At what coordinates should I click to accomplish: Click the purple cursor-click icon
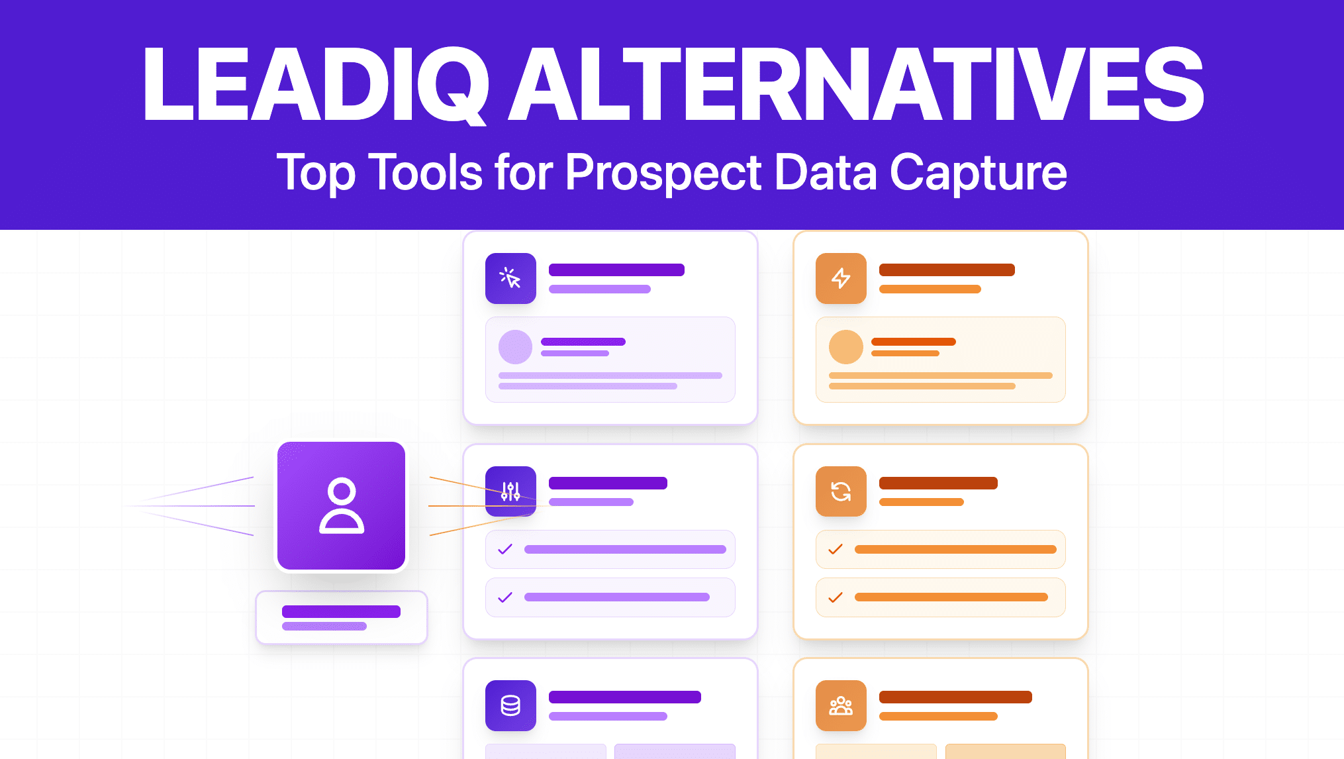tap(510, 278)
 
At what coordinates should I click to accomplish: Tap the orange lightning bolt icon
tap(841, 278)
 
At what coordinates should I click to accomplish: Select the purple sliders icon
tap(510, 491)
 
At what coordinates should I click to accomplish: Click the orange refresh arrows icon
tap(841, 491)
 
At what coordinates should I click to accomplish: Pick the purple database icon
tap(510, 705)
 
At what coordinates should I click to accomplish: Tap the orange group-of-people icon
tap(841, 705)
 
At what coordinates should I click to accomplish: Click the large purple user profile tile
tap(341, 505)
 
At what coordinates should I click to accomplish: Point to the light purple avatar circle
tap(515, 347)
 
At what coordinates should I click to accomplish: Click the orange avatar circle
tap(845, 347)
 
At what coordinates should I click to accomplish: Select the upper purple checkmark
tap(505, 549)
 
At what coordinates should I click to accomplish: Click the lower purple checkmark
tap(505, 597)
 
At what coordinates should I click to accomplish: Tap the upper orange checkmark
tap(836, 549)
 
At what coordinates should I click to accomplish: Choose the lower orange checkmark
tap(836, 597)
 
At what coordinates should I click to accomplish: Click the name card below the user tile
tap(341, 617)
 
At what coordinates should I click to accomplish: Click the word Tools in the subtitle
tap(425, 172)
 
